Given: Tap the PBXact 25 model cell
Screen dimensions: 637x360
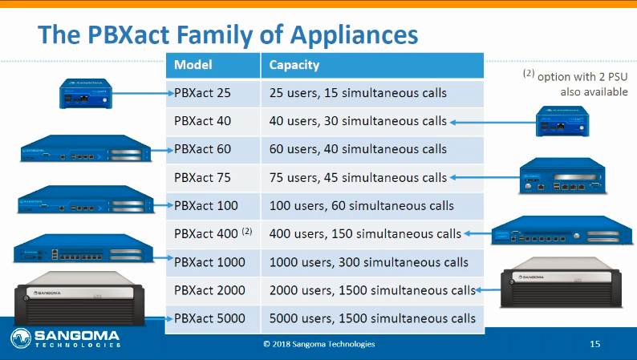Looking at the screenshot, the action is [x=213, y=93].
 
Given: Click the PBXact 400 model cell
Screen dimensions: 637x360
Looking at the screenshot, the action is [x=213, y=234].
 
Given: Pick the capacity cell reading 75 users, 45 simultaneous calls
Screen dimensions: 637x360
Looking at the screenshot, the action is [x=372, y=178].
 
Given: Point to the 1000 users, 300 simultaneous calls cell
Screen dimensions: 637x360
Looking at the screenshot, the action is [x=372, y=263].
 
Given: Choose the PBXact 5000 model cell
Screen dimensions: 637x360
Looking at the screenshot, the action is [x=213, y=318].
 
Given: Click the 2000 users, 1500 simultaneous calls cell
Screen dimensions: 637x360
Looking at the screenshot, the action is [x=372, y=290].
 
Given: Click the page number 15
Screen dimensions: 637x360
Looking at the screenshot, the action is [x=594, y=344].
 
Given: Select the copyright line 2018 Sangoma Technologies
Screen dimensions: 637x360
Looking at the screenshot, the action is [x=319, y=344].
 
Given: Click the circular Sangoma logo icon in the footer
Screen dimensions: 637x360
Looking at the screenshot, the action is [x=21, y=338].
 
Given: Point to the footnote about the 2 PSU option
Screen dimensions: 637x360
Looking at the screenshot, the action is [x=575, y=83].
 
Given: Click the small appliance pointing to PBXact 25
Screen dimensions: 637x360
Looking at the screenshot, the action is [x=86, y=94].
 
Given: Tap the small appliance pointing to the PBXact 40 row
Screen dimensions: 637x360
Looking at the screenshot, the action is [x=562, y=121].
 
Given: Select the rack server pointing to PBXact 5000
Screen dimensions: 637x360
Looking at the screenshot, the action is [x=79, y=298].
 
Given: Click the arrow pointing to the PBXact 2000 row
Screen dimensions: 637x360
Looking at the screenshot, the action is [x=489, y=289].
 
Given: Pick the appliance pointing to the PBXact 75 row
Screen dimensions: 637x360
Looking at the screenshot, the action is [x=562, y=176].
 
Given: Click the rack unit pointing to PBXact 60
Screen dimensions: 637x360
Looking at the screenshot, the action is [x=86, y=148].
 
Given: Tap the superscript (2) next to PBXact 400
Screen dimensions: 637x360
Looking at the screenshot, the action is [x=247, y=231].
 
